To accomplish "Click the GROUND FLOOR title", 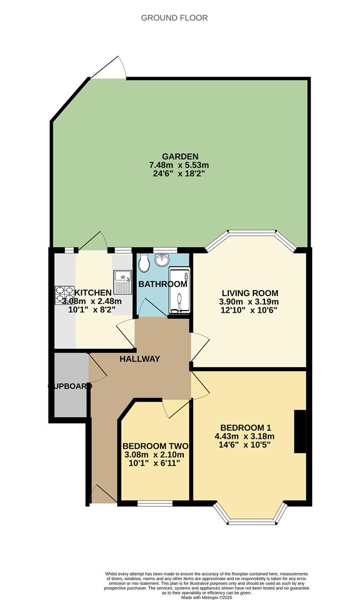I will pyautogui.click(x=174, y=18).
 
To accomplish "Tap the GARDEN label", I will pyautogui.click(x=178, y=157).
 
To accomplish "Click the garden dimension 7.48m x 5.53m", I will pyautogui.click(x=178, y=165).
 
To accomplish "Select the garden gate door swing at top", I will pyautogui.click(x=111, y=68).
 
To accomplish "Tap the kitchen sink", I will pyautogui.click(x=122, y=281).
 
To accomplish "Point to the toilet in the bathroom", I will pyautogui.click(x=144, y=264).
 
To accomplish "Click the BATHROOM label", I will pyautogui.click(x=163, y=284).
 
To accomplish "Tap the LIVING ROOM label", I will pyautogui.click(x=250, y=293).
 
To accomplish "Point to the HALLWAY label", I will pyautogui.click(x=139, y=359).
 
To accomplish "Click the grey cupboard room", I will pyautogui.click(x=70, y=386).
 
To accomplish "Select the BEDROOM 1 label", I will pyautogui.click(x=246, y=427).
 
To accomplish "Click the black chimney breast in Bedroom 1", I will pyautogui.click(x=300, y=432).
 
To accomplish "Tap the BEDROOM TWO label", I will pyautogui.click(x=155, y=446).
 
